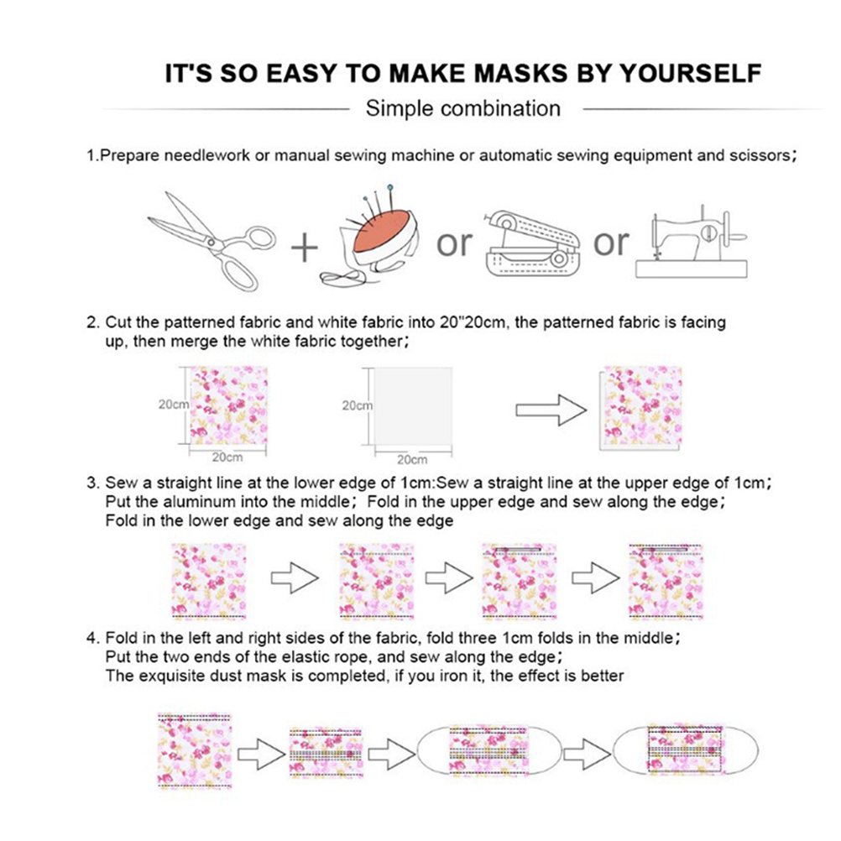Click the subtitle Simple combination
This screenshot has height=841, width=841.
[462, 108]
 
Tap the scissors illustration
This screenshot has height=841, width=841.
[212, 241]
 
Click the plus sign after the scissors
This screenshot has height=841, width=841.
[304, 248]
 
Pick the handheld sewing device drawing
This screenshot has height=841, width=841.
[532, 244]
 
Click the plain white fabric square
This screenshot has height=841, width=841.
[413, 406]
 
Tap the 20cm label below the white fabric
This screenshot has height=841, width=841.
[412, 460]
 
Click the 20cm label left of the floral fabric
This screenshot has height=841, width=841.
[173, 405]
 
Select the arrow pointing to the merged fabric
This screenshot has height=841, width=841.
[551, 410]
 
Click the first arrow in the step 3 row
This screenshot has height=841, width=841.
[295, 578]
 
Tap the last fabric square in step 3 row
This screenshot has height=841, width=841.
[665, 582]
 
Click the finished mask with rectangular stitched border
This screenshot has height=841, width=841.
[685, 750]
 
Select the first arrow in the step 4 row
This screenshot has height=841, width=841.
[261, 755]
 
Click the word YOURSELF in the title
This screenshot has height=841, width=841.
[691, 74]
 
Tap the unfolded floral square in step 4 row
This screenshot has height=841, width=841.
[195, 751]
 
